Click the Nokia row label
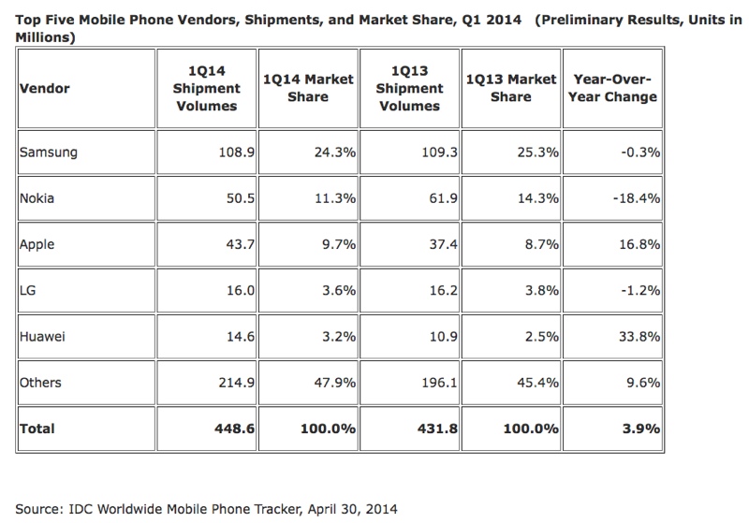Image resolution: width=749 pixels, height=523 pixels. coord(37,198)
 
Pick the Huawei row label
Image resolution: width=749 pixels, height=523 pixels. coord(43,336)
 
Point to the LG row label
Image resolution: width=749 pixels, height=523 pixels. coord(28,290)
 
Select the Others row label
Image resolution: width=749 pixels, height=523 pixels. coord(41,382)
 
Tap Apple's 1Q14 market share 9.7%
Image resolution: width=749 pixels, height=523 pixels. coord(337,244)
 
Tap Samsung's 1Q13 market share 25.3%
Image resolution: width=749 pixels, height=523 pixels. coord(536,153)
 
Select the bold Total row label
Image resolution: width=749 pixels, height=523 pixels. coord(37,429)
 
